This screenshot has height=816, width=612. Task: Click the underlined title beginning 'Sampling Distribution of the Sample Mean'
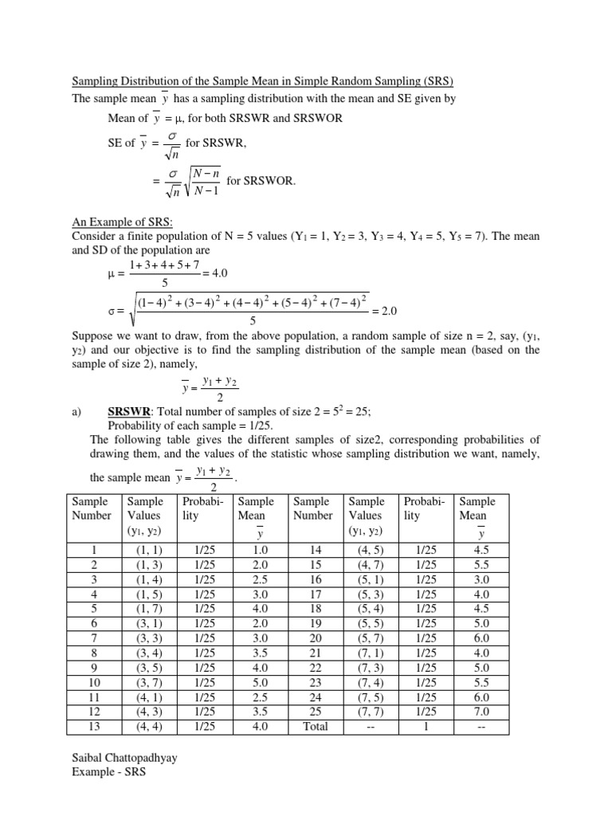click(263, 82)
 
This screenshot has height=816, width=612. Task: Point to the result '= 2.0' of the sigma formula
click(382, 311)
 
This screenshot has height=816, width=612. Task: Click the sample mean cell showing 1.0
click(256, 549)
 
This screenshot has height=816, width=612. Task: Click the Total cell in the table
click(312, 726)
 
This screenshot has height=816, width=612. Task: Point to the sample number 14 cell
click(312, 549)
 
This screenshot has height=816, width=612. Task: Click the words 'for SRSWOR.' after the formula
click(261, 181)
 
